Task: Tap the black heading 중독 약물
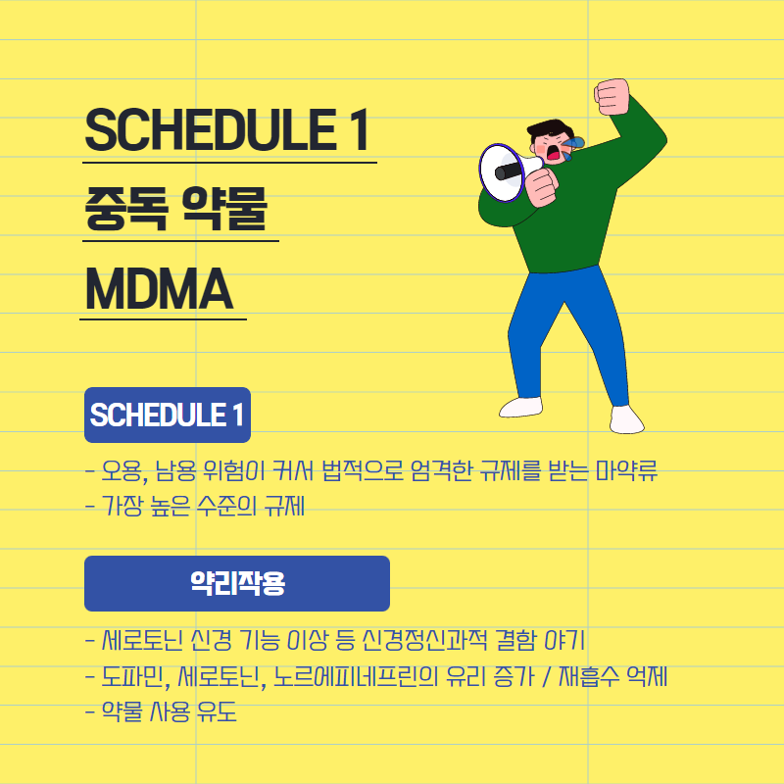175,209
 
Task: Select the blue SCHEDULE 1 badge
168,415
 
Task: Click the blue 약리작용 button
237,583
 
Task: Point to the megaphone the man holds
508,173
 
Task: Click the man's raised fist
612,96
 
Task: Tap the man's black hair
549,128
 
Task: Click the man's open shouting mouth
553,153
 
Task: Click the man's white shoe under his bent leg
520,407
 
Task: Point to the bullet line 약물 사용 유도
161,711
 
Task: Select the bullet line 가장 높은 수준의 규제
195,506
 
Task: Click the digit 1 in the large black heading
359,130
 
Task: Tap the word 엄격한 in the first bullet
441,470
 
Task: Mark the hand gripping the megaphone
542,186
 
